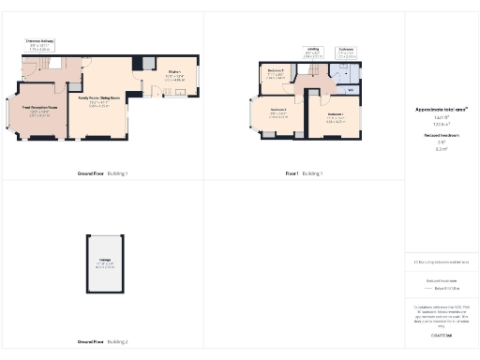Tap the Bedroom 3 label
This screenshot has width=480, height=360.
tap(278, 114)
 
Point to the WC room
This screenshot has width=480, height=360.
tap(350, 91)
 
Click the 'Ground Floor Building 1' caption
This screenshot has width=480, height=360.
tap(103, 173)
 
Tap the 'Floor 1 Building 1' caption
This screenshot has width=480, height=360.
tap(304, 173)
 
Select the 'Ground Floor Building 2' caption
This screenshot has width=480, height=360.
tap(103, 342)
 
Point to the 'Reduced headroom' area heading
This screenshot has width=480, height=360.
tap(441, 135)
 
